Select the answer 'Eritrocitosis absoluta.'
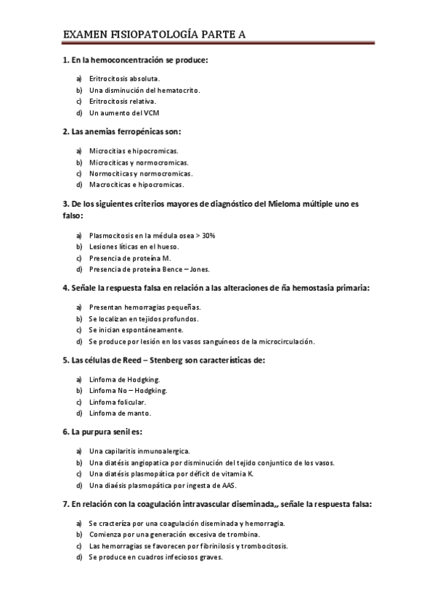click(x=124, y=78)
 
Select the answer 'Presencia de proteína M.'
click(x=129, y=259)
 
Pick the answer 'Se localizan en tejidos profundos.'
click(x=143, y=318)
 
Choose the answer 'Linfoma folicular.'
click(x=118, y=402)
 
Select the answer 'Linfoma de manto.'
click(x=120, y=413)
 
